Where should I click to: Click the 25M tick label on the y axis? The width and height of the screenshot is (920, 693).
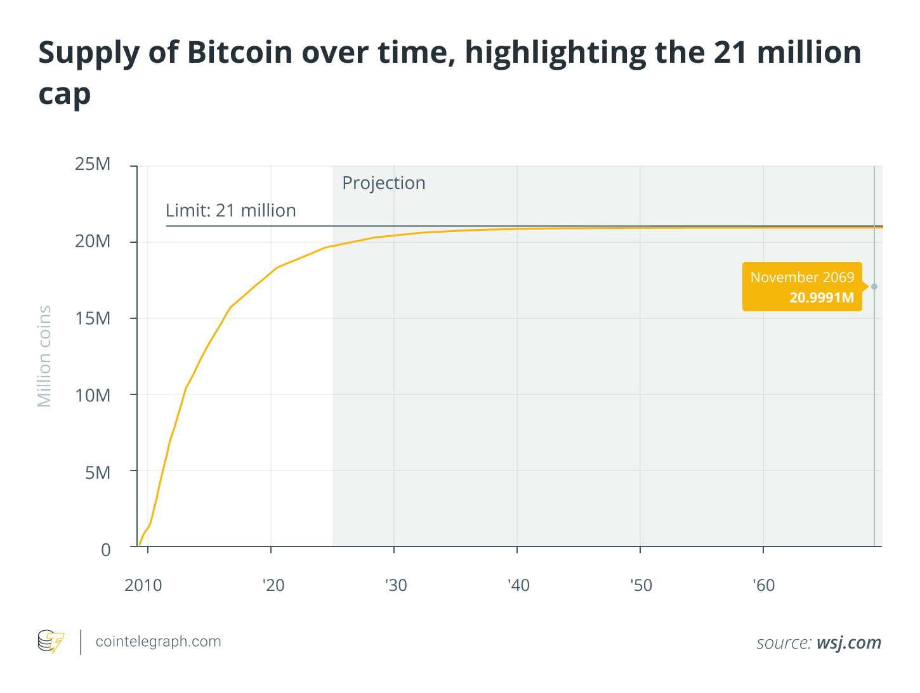(93, 164)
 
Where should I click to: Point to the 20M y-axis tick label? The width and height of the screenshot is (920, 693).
(93, 242)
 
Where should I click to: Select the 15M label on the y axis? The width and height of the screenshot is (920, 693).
(93, 318)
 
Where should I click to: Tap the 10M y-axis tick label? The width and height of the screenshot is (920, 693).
(93, 396)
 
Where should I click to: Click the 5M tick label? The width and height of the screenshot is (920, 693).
(98, 473)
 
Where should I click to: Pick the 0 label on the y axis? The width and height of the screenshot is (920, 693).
(106, 550)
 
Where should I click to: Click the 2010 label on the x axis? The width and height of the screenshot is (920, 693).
(143, 585)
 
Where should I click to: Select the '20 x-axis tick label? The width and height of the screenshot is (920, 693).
(273, 585)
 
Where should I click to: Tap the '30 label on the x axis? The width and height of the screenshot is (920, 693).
(396, 585)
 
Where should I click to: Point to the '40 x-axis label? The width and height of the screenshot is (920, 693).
(518, 585)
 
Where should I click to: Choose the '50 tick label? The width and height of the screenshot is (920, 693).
(641, 585)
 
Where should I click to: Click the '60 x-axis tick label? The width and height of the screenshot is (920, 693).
(764, 585)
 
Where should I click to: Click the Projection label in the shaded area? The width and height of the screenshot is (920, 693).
(384, 183)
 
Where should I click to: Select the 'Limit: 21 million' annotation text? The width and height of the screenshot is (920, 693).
(231, 210)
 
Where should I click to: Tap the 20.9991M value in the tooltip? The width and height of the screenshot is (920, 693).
(822, 297)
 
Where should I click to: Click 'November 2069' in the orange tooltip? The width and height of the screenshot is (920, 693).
(802, 277)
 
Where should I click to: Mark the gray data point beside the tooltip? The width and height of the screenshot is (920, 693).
(874, 287)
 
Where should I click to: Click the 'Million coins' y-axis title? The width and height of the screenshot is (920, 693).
(44, 356)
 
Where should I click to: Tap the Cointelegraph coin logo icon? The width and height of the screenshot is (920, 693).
(51, 642)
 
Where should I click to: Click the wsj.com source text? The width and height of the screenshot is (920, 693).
(848, 643)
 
